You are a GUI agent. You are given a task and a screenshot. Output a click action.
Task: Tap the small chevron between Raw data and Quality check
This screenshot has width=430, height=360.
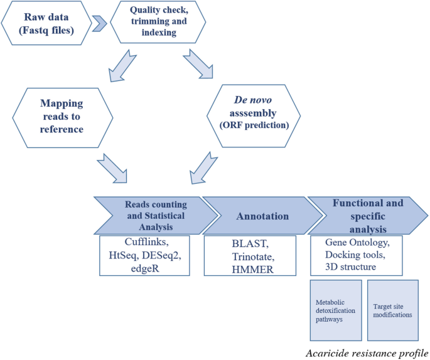[x=99, y=24]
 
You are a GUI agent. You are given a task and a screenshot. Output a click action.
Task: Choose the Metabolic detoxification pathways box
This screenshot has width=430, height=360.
[x=336, y=310]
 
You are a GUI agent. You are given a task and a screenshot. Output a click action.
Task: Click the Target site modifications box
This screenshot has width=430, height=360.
[x=392, y=310]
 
